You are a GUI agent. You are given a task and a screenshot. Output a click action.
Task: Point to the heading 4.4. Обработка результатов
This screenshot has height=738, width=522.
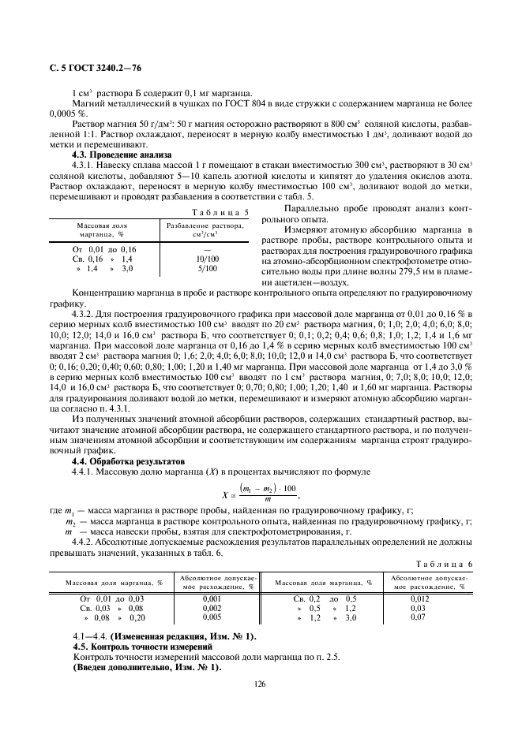pos(117,460)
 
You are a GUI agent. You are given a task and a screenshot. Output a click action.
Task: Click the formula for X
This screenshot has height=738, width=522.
pos(261,495)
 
